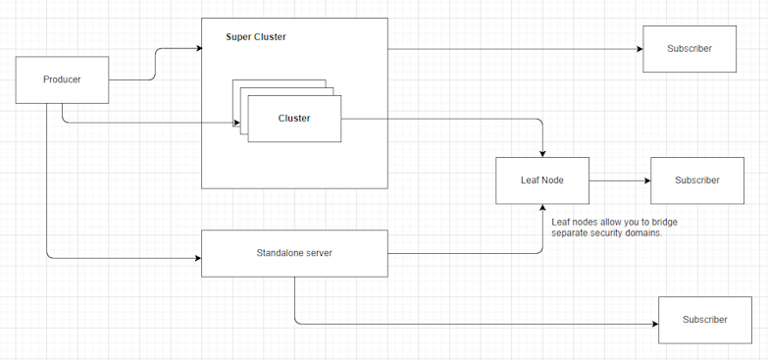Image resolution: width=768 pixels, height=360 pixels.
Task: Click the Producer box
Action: tap(62, 79)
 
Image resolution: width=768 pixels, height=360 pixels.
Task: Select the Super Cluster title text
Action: tap(256, 37)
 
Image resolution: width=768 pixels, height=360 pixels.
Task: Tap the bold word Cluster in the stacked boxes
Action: tap(294, 119)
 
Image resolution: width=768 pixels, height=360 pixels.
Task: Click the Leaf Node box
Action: tap(541, 180)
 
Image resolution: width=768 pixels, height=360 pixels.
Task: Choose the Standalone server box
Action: tap(294, 253)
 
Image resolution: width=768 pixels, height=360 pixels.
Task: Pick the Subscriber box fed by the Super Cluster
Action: tap(689, 48)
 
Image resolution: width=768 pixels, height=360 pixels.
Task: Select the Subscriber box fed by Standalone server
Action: tap(704, 320)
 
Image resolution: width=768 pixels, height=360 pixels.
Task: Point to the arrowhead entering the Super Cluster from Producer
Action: tap(196, 47)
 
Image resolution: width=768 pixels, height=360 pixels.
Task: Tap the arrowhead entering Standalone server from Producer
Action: tap(196, 259)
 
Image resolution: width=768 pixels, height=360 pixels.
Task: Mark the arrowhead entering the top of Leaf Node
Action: tap(542, 152)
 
